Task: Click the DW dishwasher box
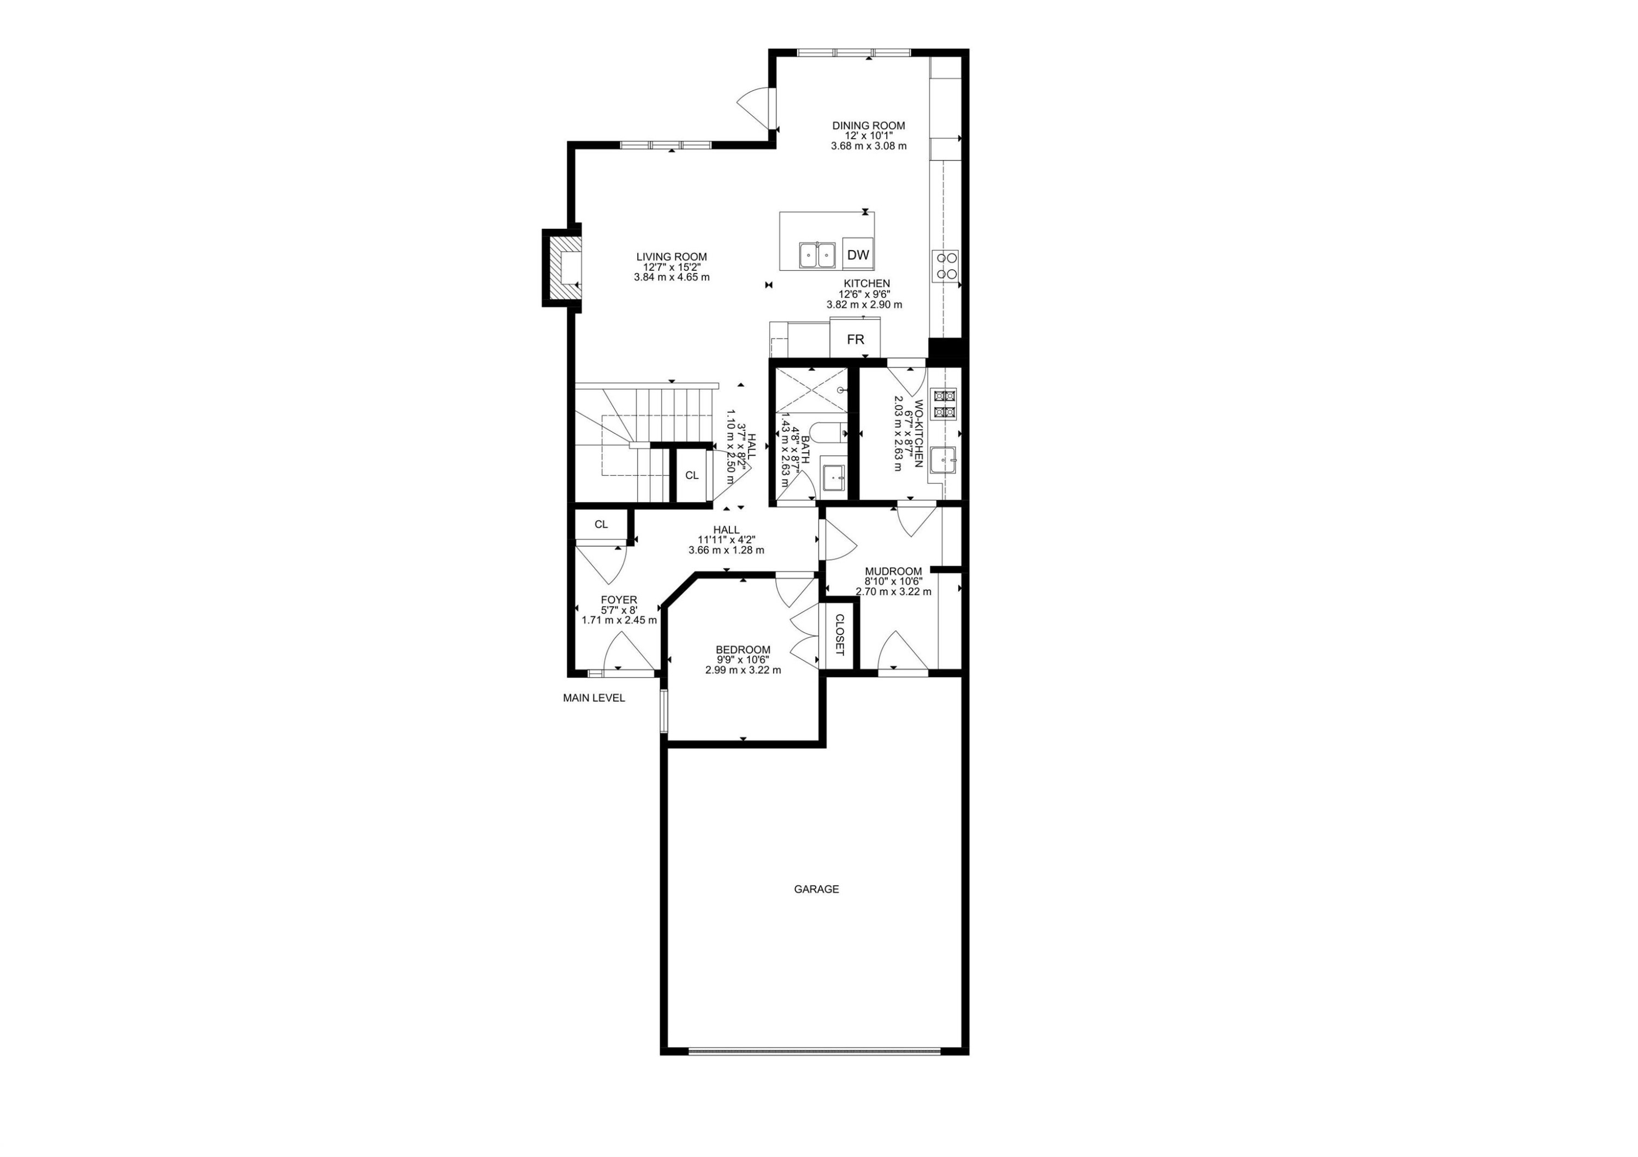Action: point(858,254)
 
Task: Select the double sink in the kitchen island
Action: point(817,254)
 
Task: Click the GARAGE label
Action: point(816,889)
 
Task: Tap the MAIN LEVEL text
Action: point(594,698)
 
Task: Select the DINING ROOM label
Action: point(868,126)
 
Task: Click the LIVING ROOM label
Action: point(672,257)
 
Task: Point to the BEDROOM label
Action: point(743,650)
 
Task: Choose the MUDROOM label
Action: point(893,571)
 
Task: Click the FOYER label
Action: point(619,600)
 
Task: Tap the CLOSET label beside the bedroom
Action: point(839,635)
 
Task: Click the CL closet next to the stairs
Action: point(691,475)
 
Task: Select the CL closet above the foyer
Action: point(601,524)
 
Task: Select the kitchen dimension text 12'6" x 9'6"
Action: point(864,294)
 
